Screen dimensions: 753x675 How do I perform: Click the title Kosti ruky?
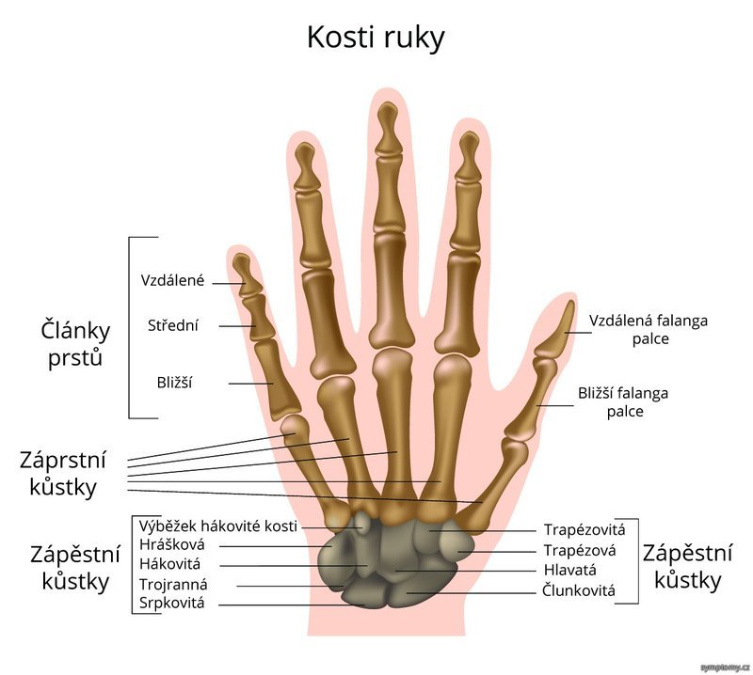click(x=376, y=38)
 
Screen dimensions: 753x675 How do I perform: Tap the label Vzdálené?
click(x=173, y=280)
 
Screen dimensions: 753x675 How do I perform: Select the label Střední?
click(x=173, y=325)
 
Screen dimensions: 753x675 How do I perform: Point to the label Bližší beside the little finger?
click(x=174, y=383)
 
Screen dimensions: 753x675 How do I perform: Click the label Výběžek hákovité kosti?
click(x=218, y=526)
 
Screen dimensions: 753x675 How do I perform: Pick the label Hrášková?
click(x=172, y=544)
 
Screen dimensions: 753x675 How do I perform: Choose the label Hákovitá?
click(x=170, y=564)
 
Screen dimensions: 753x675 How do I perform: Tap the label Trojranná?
click(x=173, y=585)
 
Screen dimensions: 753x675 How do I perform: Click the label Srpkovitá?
click(x=172, y=603)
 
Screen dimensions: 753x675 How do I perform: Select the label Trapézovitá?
click(x=585, y=529)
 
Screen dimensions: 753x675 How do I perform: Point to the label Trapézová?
click(x=580, y=550)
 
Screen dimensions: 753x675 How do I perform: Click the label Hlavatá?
click(x=570, y=570)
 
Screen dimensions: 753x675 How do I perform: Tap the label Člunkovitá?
click(x=579, y=590)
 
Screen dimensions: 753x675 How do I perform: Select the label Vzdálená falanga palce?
click(x=649, y=330)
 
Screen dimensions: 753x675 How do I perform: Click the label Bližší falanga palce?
click(x=623, y=402)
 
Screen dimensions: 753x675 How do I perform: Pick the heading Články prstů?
click(x=75, y=344)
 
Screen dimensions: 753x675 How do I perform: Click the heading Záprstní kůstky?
click(x=63, y=474)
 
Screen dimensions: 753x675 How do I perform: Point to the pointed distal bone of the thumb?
click(x=556, y=332)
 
